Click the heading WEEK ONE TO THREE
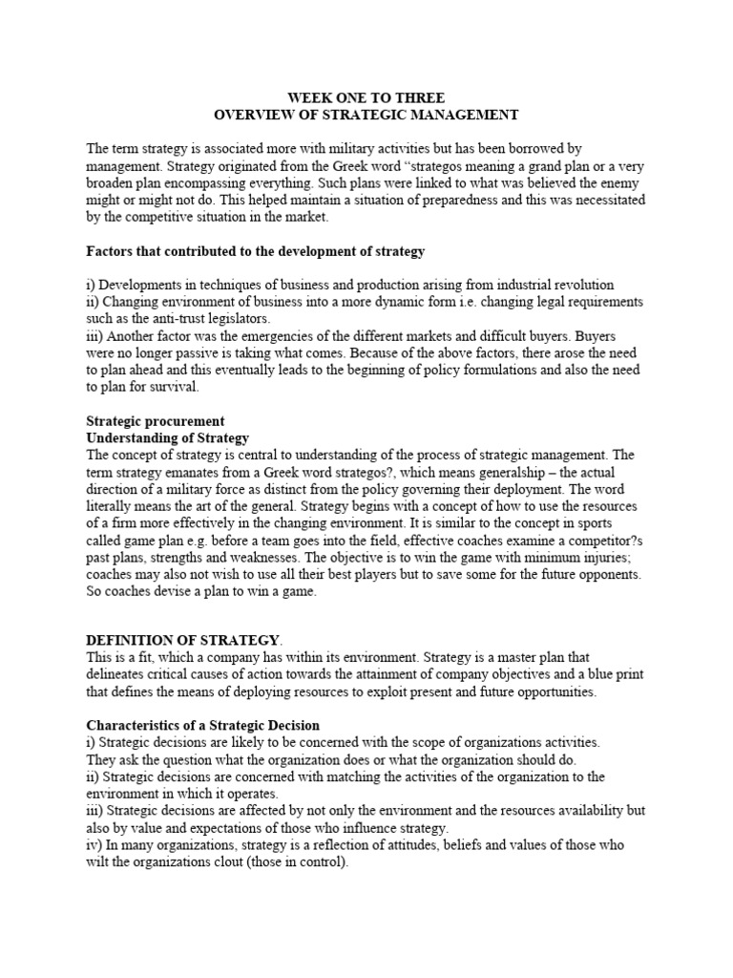[x=366, y=97]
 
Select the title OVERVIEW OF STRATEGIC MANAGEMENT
[x=366, y=115]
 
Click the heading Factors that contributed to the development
[x=256, y=251]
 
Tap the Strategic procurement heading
[x=156, y=421]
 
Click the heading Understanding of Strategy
[x=167, y=438]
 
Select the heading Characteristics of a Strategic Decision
[x=203, y=727]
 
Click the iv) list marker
[x=94, y=846]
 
